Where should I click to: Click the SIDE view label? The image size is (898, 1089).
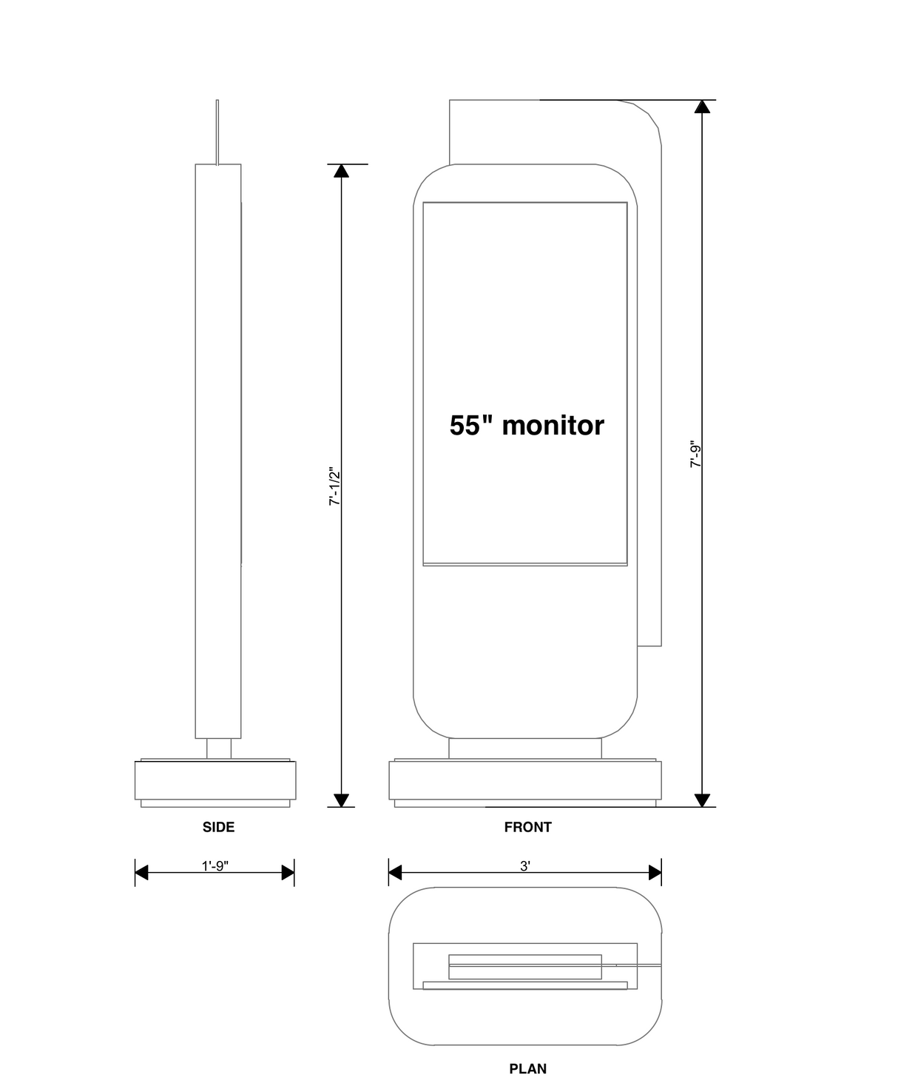218,827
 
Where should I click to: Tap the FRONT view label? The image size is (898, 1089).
527,827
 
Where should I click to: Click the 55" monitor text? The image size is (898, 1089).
527,425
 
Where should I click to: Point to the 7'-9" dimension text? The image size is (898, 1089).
695,455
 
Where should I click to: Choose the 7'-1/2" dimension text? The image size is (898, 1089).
334,486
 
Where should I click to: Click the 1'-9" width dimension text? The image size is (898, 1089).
215,865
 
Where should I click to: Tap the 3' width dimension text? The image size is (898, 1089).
525,865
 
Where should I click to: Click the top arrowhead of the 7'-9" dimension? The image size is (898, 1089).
702,107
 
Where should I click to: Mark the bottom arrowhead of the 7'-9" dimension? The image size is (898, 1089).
702,800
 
